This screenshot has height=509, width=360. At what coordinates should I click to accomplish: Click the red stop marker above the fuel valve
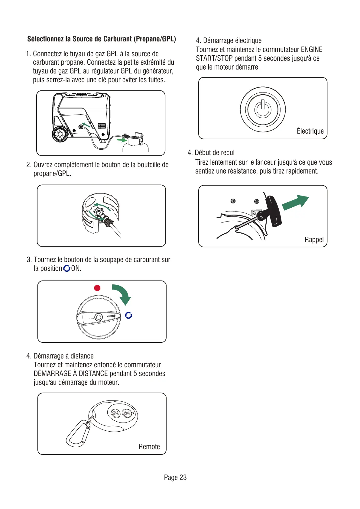click(97, 288)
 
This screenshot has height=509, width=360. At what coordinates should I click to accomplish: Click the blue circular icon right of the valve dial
click(128, 315)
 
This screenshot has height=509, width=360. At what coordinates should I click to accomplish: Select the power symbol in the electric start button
click(263, 109)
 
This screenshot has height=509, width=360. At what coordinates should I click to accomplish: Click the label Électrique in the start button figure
click(310, 131)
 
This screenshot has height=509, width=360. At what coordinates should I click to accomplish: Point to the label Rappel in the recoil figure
click(314, 240)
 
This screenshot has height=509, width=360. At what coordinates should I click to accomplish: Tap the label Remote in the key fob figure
click(149, 447)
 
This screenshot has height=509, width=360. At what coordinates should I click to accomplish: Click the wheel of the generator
click(60, 134)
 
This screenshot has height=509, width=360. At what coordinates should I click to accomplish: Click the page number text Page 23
click(175, 478)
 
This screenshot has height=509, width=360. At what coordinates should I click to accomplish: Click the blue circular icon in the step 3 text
click(67, 268)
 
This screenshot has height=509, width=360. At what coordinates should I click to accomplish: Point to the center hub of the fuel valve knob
click(99, 317)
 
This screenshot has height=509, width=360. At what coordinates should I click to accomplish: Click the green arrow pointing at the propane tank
click(122, 140)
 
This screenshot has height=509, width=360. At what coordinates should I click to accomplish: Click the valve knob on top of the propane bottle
click(99, 212)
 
